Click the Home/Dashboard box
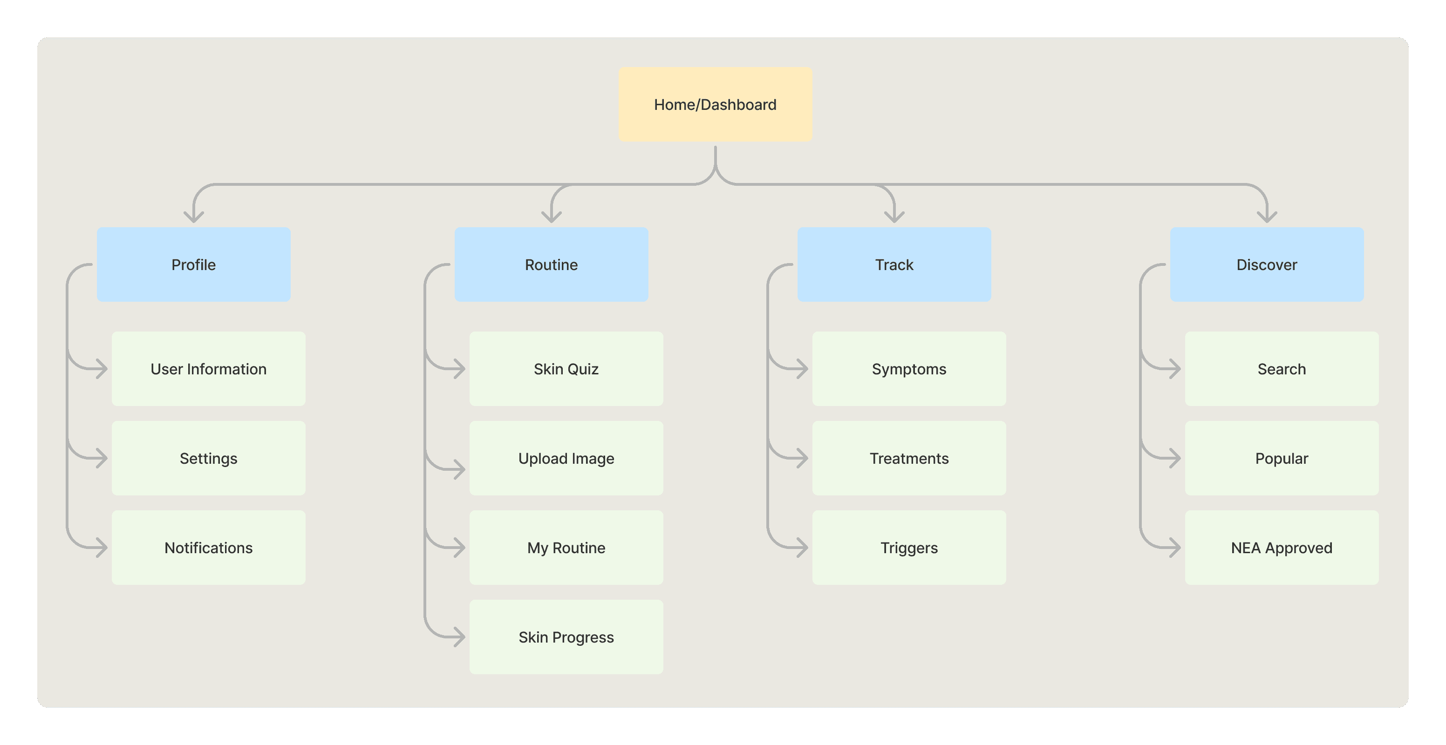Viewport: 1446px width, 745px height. (715, 104)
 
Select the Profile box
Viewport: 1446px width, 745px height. (194, 264)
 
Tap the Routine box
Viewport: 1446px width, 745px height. (551, 264)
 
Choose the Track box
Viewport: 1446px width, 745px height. (894, 264)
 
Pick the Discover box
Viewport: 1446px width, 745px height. (1267, 264)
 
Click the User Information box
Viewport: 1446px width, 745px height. (209, 369)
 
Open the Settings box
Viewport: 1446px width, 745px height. (209, 458)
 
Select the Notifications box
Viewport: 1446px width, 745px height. (209, 548)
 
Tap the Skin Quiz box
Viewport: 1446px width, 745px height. (566, 369)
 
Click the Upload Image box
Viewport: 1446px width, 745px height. (566, 458)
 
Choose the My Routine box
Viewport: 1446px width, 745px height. (566, 548)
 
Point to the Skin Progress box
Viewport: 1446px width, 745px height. (566, 637)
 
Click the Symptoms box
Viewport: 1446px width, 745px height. (909, 369)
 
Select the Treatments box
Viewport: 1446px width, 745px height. (909, 458)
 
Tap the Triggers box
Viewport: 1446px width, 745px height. (909, 548)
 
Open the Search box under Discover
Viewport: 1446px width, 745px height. (1282, 369)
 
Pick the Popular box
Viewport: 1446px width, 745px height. (1282, 458)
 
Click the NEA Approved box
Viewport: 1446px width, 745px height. (1282, 548)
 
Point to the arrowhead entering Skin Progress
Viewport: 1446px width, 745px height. (460, 637)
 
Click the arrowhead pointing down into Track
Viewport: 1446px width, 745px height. (894, 217)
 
